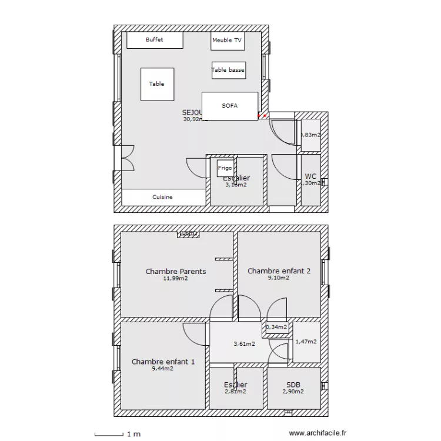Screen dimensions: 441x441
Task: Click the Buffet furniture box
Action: [155, 40]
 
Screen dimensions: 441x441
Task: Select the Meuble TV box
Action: [227, 41]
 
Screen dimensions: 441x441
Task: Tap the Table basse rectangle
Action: [228, 70]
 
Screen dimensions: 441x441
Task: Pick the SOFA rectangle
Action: [230, 106]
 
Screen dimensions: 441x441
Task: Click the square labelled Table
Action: [157, 84]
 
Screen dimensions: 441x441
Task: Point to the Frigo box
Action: [225, 168]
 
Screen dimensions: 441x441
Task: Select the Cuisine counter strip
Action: [163, 197]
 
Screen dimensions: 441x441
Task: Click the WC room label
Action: [311, 176]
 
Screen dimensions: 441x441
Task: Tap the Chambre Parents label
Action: [176, 272]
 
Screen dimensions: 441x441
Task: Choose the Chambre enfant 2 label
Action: [279, 271]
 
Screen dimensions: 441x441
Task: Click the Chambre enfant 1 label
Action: [163, 362]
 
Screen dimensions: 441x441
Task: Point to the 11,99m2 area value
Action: [176, 279]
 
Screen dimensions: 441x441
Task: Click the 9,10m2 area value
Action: [279, 278]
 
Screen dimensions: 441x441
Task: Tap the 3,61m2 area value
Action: [244, 344]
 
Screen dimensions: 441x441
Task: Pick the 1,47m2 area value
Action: [306, 342]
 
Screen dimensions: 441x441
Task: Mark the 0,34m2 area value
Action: [276, 328]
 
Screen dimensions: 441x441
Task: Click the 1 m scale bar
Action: [109, 435]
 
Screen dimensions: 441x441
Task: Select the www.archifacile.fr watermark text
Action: [319, 432]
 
